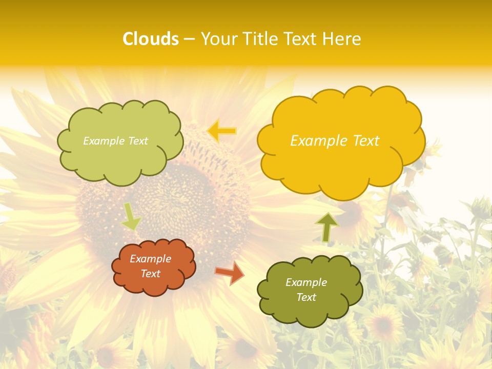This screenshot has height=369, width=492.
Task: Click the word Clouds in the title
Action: (x=151, y=39)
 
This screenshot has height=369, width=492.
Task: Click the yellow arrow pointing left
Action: (x=221, y=131)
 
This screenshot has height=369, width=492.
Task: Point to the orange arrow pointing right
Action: (x=230, y=272)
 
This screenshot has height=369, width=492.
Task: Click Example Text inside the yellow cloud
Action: (x=335, y=141)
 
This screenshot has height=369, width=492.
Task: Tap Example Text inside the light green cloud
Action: (x=115, y=141)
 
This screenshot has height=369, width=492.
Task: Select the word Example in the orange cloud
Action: (x=150, y=259)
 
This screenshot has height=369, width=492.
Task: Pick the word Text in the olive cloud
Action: (x=306, y=297)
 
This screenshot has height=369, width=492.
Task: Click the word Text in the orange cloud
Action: (x=150, y=274)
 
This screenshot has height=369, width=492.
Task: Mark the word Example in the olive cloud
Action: (x=306, y=282)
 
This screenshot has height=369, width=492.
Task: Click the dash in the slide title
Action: (x=189, y=39)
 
